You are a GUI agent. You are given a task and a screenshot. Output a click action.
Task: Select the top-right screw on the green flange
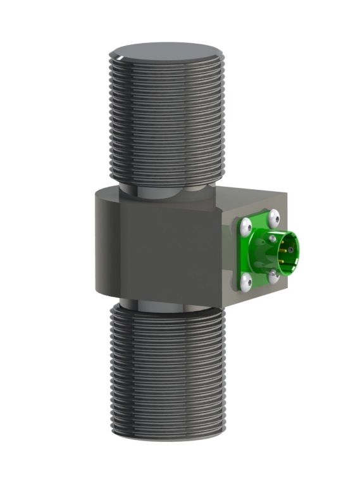[x=273, y=218]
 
